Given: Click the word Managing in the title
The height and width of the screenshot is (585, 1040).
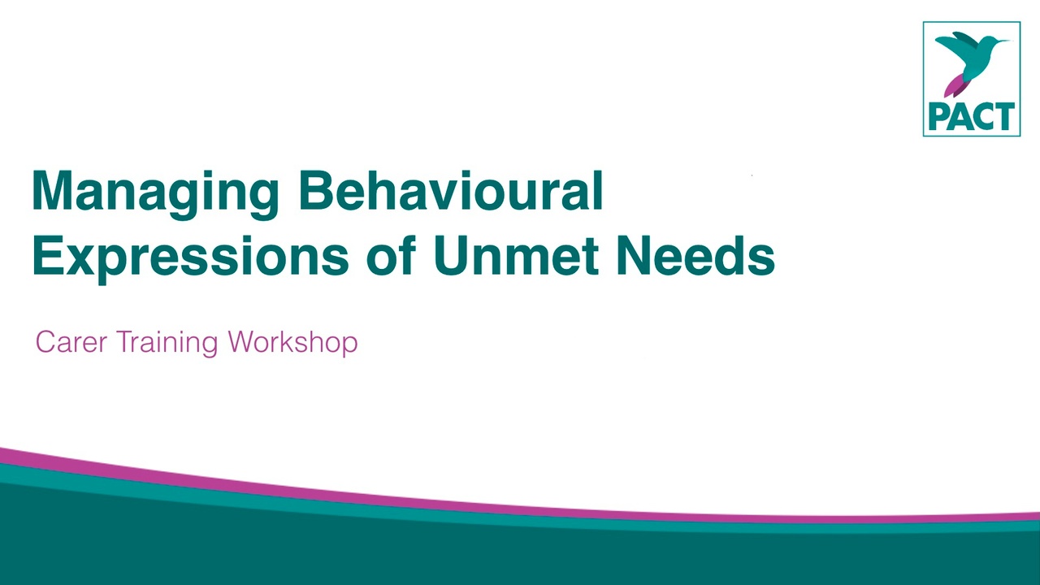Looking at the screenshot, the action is tap(155, 194).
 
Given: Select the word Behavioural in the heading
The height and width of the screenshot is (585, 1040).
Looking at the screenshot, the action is tap(451, 189).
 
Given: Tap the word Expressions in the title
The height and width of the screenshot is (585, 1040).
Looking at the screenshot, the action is tap(190, 258).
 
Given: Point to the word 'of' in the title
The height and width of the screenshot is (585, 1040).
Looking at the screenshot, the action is tap(391, 255).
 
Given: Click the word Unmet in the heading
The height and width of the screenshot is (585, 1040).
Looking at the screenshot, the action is tap(515, 255).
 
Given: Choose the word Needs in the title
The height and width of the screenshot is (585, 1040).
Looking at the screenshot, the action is tap(696, 255).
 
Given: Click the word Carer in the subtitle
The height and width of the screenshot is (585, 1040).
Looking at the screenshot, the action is tap(71, 342).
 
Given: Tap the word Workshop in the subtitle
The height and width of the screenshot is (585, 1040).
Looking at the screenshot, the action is tap(293, 344).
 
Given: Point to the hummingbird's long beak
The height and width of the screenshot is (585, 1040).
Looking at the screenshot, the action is tap(999, 41).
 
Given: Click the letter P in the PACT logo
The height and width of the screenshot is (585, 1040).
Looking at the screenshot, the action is tap(938, 117).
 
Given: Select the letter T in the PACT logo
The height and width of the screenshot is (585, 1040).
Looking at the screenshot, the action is tap(1005, 117).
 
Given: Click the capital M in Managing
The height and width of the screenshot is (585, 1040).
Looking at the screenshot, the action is tap(52, 190).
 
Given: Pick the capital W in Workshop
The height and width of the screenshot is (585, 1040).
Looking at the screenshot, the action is tap(245, 342).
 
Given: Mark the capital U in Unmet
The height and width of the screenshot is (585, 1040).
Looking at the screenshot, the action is tap(453, 256).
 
